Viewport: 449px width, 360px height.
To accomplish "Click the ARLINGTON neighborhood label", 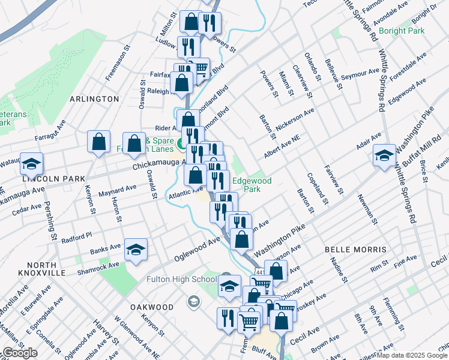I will point(94,98).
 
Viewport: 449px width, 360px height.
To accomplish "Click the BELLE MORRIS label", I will point(355,249).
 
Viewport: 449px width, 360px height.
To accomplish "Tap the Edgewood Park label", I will point(252,184).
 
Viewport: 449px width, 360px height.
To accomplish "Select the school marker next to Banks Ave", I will point(136,249).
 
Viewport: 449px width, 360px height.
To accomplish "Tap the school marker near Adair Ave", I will point(384,156).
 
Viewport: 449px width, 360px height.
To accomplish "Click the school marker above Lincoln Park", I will point(31,162).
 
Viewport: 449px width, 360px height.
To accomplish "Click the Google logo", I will point(20,353).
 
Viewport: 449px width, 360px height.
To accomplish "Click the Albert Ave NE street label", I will point(280,148).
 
